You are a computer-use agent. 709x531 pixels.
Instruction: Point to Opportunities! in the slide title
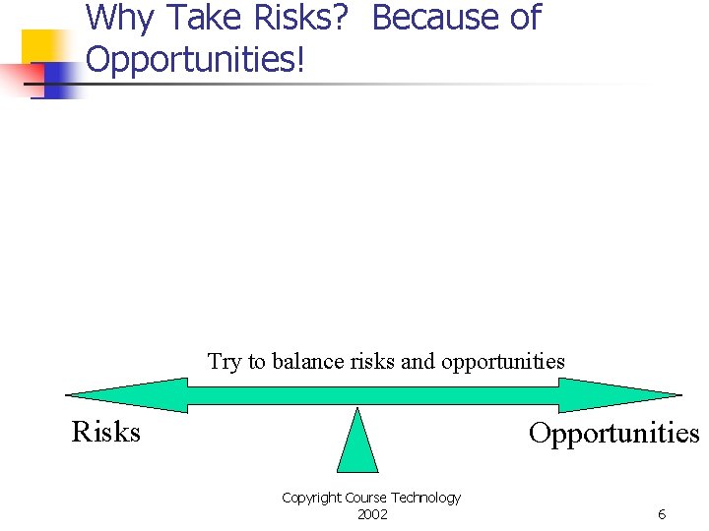[196, 60]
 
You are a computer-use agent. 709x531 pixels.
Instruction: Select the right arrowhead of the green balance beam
[620, 394]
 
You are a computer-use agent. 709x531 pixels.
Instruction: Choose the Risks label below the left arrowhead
[106, 432]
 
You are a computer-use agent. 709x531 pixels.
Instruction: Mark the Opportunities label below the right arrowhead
[613, 433]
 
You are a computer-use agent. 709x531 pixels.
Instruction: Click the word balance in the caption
[307, 362]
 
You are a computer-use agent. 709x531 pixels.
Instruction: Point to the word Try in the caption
[225, 362]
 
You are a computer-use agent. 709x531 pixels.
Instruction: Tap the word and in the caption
[419, 362]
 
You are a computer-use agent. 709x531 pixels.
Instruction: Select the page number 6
[662, 514]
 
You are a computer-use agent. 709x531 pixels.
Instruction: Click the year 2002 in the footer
[372, 514]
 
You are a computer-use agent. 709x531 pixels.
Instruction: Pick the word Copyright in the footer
[312, 498]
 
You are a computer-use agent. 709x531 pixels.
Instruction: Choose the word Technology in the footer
[424, 498]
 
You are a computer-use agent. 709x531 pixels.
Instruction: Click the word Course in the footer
[365, 498]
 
